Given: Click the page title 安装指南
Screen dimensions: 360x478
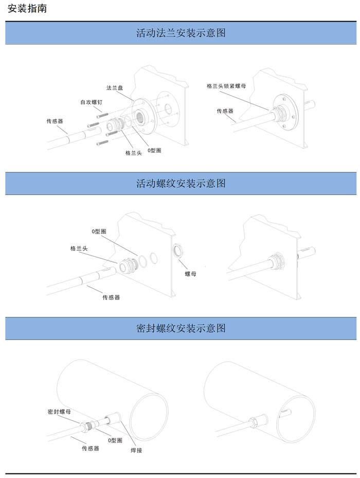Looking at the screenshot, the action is point(27,8).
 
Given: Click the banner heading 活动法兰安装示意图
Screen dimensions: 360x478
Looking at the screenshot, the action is point(181,32).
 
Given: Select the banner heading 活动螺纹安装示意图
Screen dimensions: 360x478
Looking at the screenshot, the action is point(181,183).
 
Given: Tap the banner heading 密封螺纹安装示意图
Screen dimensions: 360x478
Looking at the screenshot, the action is point(181,328).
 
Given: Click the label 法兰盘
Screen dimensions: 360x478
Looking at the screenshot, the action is point(115,88).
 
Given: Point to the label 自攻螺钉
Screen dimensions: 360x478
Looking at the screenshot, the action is point(91,102).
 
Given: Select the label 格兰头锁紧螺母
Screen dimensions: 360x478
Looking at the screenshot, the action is point(226,86).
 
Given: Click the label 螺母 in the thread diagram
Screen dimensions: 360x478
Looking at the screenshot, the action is point(190,274).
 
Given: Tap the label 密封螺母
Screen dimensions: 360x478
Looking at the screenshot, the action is point(59,412).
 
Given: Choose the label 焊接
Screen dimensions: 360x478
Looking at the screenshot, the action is point(136,450).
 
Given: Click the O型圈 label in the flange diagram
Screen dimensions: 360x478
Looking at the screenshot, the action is point(154,150).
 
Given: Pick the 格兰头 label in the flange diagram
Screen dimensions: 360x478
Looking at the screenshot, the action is point(134,153).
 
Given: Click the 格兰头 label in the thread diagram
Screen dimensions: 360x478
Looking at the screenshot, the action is point(79,249).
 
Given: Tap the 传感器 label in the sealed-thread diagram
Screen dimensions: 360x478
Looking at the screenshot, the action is point(91,448).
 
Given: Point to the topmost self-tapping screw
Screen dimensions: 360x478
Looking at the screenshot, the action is point(102,116).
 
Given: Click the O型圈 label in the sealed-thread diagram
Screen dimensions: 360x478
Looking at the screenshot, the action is point(115,440).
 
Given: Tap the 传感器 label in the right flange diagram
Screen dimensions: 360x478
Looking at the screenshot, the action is point(225,111).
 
